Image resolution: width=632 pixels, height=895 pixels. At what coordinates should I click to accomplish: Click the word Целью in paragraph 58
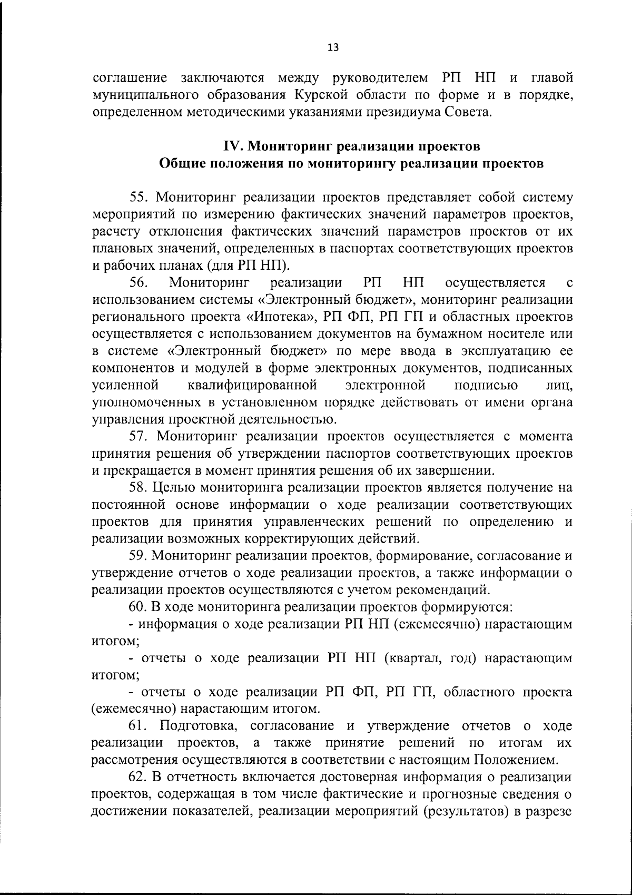(x=175, y=487)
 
